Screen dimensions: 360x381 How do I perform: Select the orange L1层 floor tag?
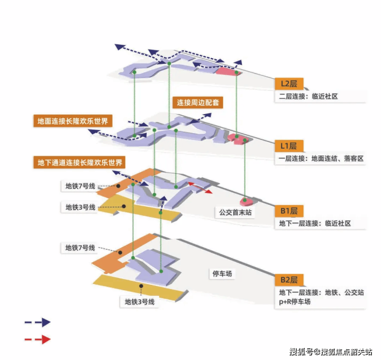[289, 146]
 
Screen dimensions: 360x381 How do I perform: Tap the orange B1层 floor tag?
[289, 211]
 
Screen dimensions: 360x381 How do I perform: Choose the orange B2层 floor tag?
[289, 280]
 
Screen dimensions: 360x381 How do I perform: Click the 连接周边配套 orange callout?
[198, 102]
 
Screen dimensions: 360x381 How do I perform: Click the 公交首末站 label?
[235, 212]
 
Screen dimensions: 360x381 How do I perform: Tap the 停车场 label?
[222, 274]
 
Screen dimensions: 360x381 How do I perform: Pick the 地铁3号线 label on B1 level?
[80, 207]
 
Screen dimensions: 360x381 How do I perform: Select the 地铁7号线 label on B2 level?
[80, 248]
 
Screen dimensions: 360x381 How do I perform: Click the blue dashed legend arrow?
[37, 322]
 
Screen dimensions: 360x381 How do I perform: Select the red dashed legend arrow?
[37, 339]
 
